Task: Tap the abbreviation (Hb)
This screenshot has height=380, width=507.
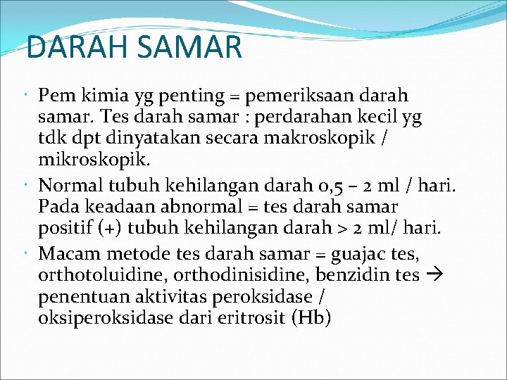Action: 310,317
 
